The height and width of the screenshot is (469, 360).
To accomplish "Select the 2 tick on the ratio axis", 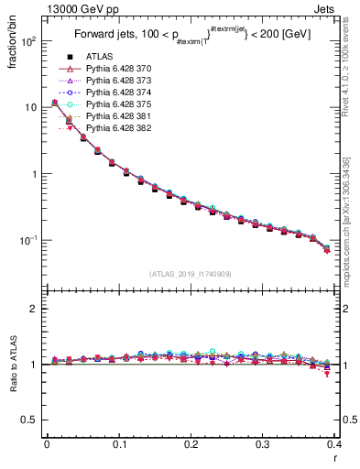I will [35, 309].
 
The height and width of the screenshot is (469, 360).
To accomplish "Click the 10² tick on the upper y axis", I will [28, 41].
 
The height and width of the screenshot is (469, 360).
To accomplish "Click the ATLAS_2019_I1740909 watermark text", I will [191, 274].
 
